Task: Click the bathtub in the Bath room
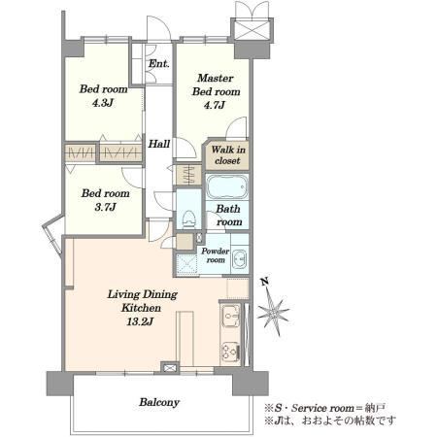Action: tap(227, 187)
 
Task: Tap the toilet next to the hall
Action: tap(189, 218)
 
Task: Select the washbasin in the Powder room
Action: tap(240, 258)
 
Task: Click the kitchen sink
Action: tap(231, 316)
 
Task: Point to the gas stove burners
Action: tap(230, 353)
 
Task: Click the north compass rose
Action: tap(273, 312)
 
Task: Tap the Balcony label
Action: tap(159, 402)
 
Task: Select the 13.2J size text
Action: tap(140, 321)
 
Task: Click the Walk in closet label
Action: tap(228, 155)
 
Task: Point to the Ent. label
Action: tap(158, 63)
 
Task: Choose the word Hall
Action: tap(159, 144)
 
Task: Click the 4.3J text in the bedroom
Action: tap(102, 103)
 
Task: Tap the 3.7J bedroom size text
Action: tap(105, 207)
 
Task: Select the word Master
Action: tap(215, 78)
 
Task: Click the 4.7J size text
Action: tap(215, 105)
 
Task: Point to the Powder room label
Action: tap(216, 255)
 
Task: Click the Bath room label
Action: tap(228, 216)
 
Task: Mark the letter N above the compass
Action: tap(265, 282)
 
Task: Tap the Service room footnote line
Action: tap(325, 408)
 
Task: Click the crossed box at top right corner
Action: tap(252, 29)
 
